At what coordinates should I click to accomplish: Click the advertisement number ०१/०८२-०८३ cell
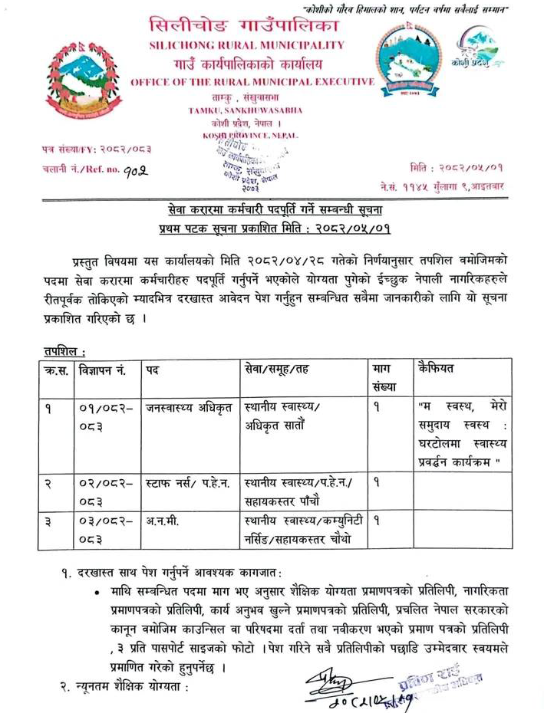pyautogui.click(x=107, y=416)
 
